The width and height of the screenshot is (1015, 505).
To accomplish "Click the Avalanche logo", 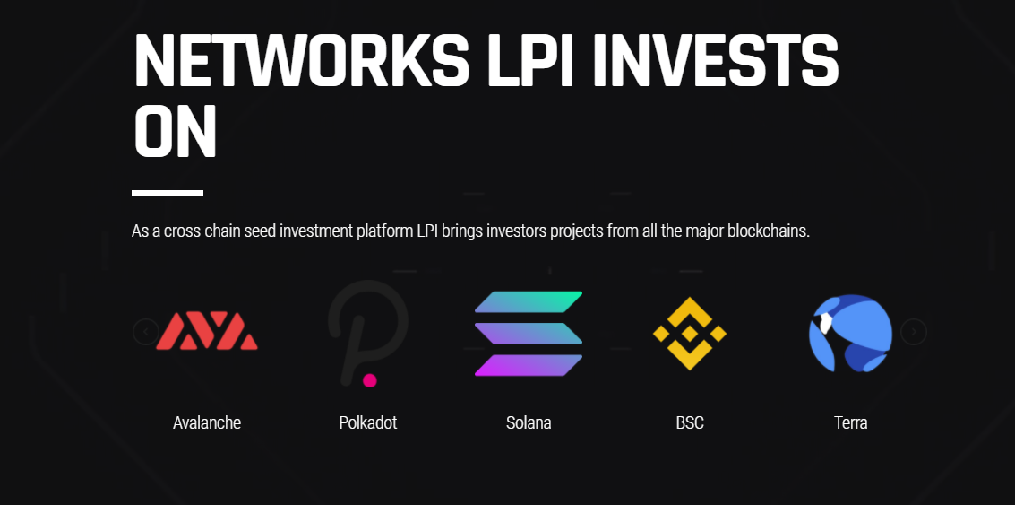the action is coord(207,331).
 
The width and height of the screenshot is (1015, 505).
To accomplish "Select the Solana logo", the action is coord(529,333).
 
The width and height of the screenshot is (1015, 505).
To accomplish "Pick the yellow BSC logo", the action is coord(690,333).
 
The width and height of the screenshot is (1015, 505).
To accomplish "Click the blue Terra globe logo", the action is coord(850,333).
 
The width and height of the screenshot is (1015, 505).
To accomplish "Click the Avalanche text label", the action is coord(207,422).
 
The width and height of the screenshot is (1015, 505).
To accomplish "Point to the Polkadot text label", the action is coord(367,422).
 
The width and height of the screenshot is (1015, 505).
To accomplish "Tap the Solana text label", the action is coord(529,422).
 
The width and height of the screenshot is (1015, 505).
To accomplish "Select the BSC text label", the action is coord(690,422).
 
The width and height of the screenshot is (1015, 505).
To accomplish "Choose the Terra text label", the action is coord(850,422).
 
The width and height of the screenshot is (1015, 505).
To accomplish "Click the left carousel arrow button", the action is coord(146,332).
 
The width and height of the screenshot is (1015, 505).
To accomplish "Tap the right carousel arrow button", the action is coord(914,332).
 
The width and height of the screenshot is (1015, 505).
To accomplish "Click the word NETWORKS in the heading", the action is coord(301,60).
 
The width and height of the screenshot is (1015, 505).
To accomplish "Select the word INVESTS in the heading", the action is coord(715,60).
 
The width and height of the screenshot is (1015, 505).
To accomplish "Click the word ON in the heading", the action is coord(174,132).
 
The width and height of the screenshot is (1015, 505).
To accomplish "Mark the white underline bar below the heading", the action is coord(168,193).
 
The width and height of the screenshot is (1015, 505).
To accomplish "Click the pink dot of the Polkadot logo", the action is coord(370,380).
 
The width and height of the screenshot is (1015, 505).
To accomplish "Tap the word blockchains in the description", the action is coord(769,231).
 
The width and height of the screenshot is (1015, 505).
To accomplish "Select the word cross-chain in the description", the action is coord(198,231).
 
